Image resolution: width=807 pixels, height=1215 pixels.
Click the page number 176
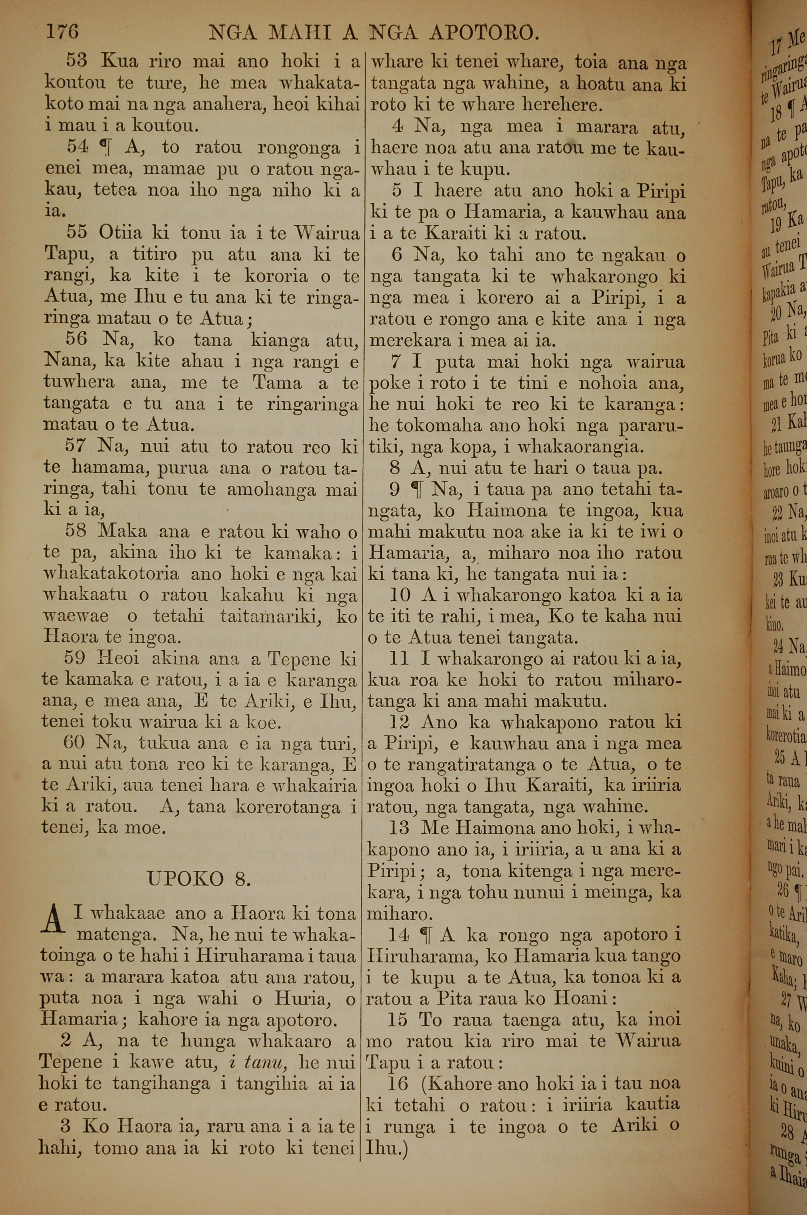(62, 32)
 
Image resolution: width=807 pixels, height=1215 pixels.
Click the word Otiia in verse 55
(120, 232)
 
